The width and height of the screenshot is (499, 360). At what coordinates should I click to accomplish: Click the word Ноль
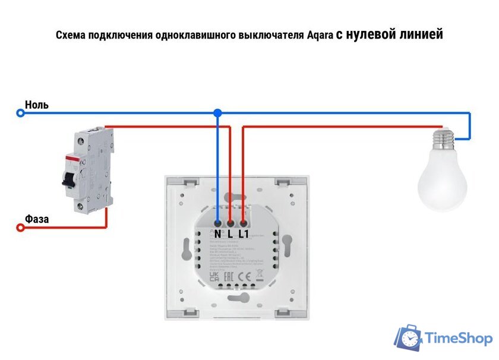[37, 105]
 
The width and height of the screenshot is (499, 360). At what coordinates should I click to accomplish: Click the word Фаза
[37, 219]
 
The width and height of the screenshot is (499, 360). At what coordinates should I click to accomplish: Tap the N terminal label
[218, 234]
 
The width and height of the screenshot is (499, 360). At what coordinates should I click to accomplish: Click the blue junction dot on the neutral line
[217, 112]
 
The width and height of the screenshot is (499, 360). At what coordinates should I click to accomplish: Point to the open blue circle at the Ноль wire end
[20, 112]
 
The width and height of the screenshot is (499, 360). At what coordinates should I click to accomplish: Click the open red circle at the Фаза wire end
[20, 227]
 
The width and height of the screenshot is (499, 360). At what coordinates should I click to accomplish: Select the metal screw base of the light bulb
[443, 140]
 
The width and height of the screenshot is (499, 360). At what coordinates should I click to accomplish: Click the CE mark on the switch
[244, 276]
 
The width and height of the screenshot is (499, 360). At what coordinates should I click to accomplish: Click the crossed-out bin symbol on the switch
[259, 276]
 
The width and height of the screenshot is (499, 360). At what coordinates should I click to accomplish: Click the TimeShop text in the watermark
[459, 339]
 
